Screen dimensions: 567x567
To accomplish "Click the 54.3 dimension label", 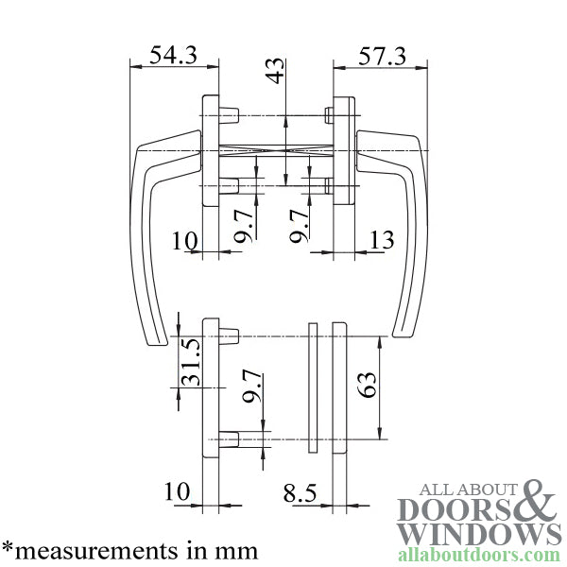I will pos(173,56).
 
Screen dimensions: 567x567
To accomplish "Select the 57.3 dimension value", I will pos(383,56).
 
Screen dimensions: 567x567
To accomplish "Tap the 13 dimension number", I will pos(382,241).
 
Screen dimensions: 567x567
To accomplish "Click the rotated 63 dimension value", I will pos(368,385).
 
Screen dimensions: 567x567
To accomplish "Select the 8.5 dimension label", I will pos(300,492).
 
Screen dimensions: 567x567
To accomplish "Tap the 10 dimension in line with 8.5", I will pos(177,492).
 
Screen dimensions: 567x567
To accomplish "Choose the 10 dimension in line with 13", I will pos(184,241).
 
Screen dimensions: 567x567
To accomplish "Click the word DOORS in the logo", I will pos(455,509).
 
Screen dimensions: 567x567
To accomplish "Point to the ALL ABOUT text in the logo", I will pos(467,490).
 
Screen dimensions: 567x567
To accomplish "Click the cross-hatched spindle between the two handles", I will pos(275,149).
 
